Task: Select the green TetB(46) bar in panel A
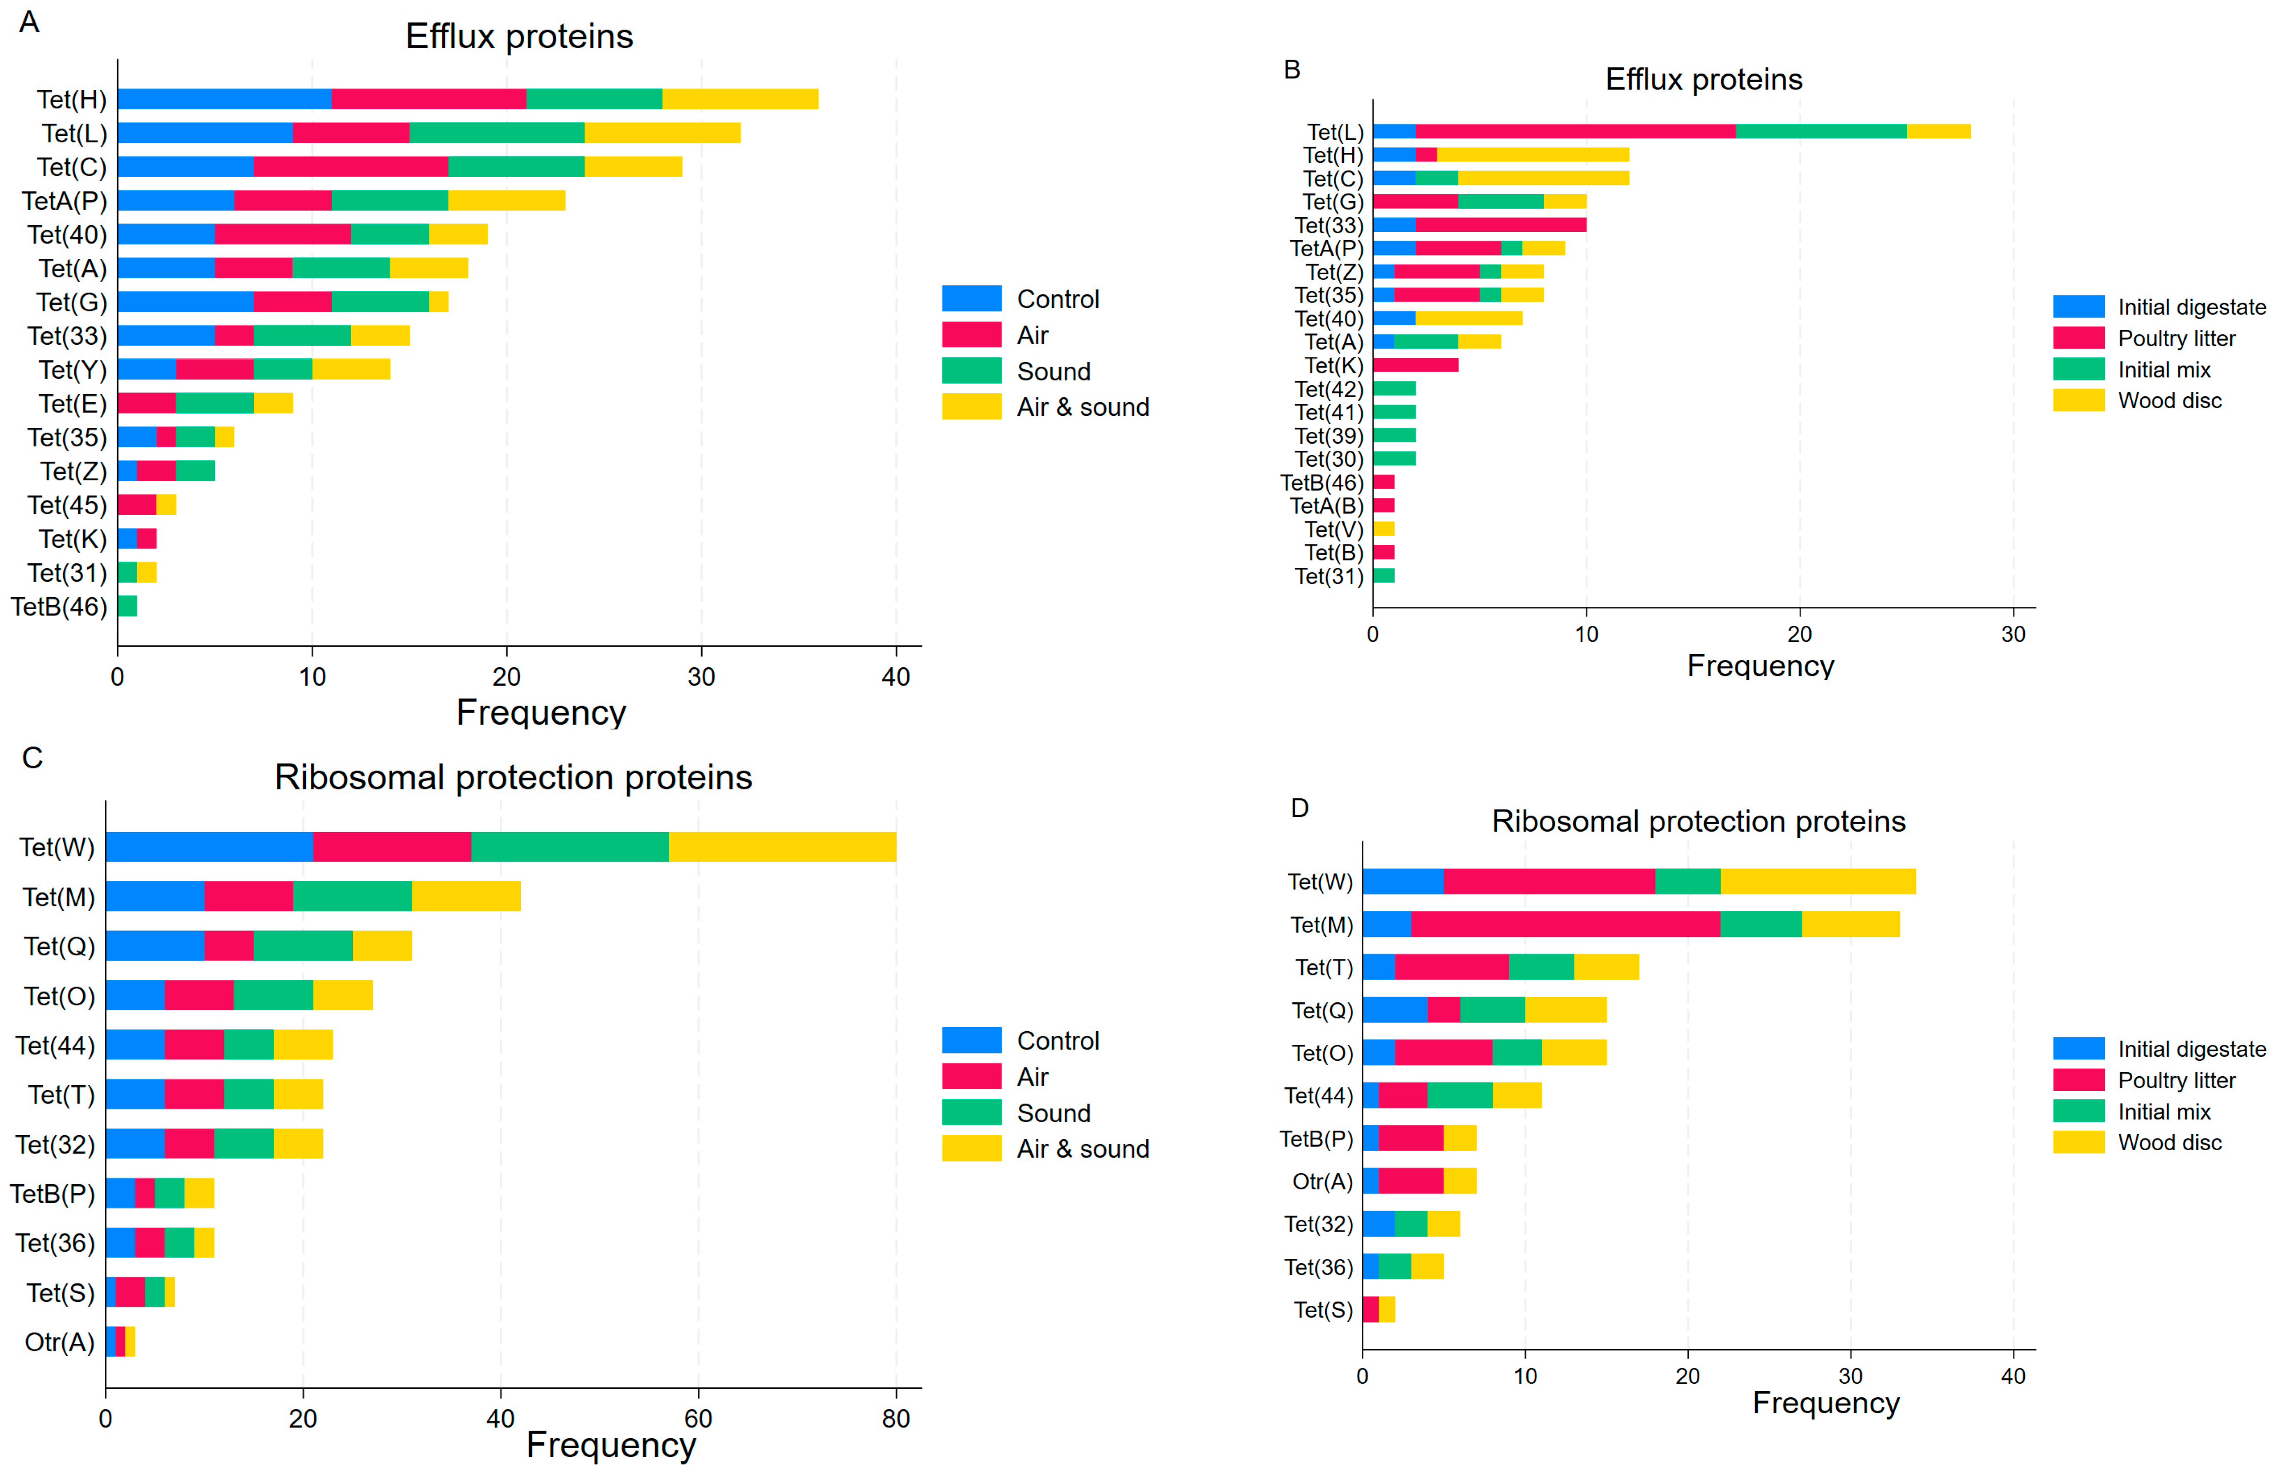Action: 127,606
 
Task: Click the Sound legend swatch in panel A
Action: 971,371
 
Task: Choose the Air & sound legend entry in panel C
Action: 1082,1149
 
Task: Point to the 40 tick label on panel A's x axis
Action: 896,677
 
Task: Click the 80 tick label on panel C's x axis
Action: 896,1419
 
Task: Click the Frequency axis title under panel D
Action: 1826,1402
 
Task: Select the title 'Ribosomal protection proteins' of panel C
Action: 513,777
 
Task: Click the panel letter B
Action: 1292,70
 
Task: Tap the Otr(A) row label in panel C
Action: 59,1342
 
